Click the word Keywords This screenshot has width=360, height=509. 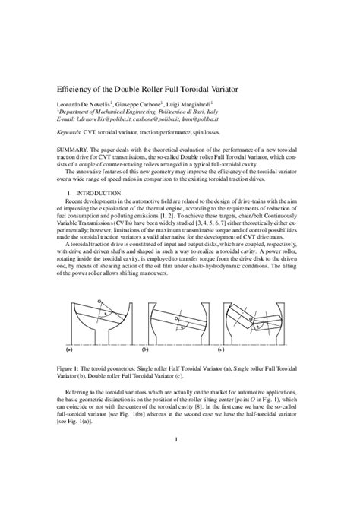(74, 131)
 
